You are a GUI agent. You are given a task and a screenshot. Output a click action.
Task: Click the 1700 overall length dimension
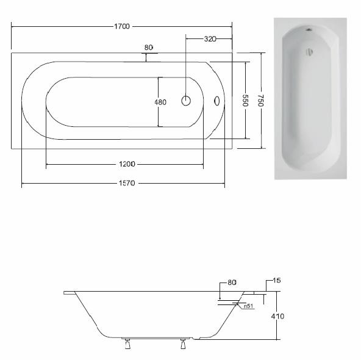tap(122, 26)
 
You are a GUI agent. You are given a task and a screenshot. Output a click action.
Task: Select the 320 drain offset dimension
tap(210, 39)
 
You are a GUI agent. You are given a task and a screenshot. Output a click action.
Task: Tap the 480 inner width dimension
tap(160, 102)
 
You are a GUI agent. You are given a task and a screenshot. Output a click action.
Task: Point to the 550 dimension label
tap(245, 101)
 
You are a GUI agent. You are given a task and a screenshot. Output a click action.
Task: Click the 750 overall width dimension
tap(260, 101)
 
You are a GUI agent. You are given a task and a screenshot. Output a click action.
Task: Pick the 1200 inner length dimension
tap(127, 164)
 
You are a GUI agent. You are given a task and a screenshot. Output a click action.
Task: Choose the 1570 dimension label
tap(127, 183)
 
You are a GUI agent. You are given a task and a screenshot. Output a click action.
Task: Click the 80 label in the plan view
tap(149, 48)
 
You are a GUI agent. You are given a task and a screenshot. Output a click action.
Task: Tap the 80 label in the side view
tap(232, 283)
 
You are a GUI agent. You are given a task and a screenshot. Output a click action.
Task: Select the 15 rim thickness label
tap(277, 280)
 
